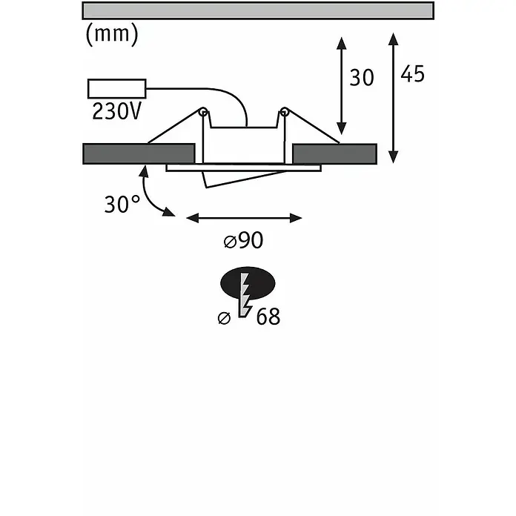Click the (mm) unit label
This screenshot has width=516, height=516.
click(112, 34)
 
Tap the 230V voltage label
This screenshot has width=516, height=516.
click(117, 111)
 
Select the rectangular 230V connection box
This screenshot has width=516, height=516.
click(117, 88)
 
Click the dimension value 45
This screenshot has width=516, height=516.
click(412, 73)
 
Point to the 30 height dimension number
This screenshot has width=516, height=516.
click(362, 78)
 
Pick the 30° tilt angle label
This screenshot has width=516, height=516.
click(122, 204)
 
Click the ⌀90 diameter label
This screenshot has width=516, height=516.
click(243, 240)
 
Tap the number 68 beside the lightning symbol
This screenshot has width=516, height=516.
click(268, 317)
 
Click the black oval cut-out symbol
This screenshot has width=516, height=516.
click(248, 283)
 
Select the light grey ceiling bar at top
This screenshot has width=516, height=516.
click(258, 10)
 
